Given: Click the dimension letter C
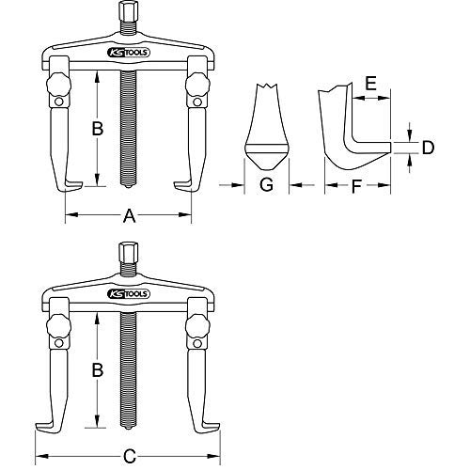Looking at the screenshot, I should click(x=131, y=431).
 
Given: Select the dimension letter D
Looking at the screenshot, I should click(x=427, y=148).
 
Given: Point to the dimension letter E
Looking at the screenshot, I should click(x=370, y=84).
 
